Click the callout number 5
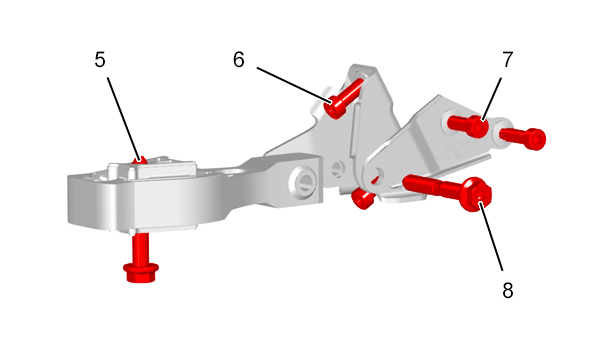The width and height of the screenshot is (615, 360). (x=100, y=60)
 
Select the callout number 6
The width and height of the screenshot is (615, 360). (x=238, y=60)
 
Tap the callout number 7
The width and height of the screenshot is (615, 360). (x=508, y=60)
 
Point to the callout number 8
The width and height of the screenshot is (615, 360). (x=508, y=291)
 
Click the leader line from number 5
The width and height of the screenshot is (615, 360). (x=124, y=118)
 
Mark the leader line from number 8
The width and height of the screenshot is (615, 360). (x=491, y=236)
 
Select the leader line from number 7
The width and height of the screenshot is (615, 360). (x=491, y=99)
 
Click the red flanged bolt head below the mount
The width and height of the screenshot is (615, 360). (x=141, y=272)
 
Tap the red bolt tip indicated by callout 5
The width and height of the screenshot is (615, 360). (x=140, y=160)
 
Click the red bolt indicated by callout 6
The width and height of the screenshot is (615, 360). (x=344, y=98)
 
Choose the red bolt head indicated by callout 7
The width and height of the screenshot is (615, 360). (x=478, y=126)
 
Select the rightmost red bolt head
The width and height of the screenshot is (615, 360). (x=535, y=139)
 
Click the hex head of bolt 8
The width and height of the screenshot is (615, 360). (x=476, y=194)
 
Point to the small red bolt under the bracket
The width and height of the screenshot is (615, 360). (x=362, y=198)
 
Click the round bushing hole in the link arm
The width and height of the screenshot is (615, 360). (x=304, y=180)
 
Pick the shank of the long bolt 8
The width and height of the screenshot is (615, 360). (x=432, y=186)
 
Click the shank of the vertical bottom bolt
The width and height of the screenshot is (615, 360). (x=140, y=248)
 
